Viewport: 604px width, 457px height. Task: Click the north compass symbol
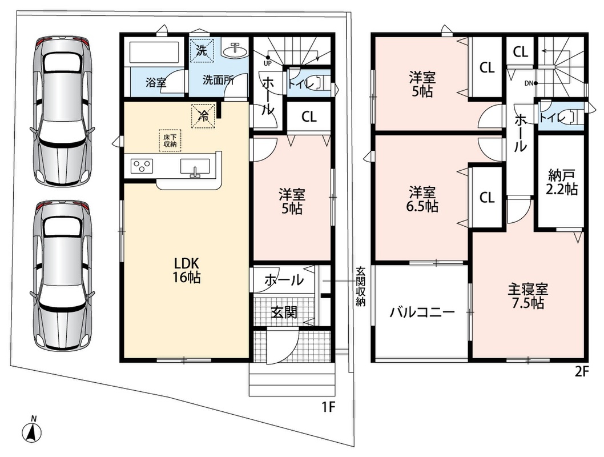coord(33,430)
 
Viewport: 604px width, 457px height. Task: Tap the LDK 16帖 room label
coord(187,270)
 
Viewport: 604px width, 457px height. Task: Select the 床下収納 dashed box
coord(170,141)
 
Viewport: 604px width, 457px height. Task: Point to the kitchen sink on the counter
coord(195,167)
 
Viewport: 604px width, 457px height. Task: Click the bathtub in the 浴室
coord(155,53)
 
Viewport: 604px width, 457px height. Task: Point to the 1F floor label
coord(329,407)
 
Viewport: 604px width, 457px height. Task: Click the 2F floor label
coord(582,371)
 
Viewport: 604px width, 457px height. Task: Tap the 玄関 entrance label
coord(284,312)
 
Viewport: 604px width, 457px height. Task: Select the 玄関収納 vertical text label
coord(360,287)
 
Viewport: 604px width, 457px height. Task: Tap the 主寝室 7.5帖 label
coord(528,296)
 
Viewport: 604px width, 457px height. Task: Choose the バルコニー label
coord(422,312)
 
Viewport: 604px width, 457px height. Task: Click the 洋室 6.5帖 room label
coord(422,199)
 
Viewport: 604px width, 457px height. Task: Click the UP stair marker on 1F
coord(267,63)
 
